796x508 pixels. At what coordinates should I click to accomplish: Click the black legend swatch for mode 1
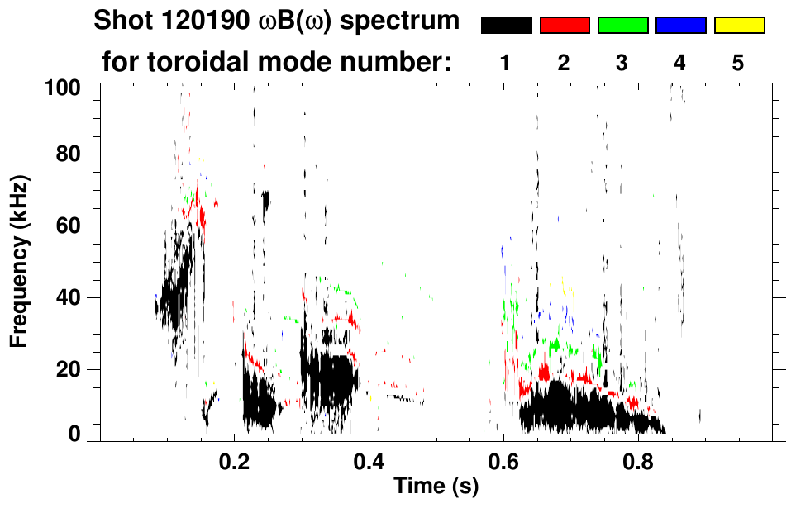[x=506, y=26]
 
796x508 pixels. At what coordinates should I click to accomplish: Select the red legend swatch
[x=565, y=26]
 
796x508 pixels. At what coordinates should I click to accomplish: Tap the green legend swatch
[x=622, y=26]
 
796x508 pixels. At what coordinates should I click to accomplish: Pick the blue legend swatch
[x=680, y=26]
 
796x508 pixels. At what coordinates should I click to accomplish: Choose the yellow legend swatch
[x=738, y=26]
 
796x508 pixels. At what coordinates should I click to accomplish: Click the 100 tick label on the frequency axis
[x=63, y=85]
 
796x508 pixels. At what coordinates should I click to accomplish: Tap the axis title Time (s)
[x=435, y=487]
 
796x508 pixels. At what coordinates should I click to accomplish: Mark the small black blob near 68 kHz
[x=265, y=201]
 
